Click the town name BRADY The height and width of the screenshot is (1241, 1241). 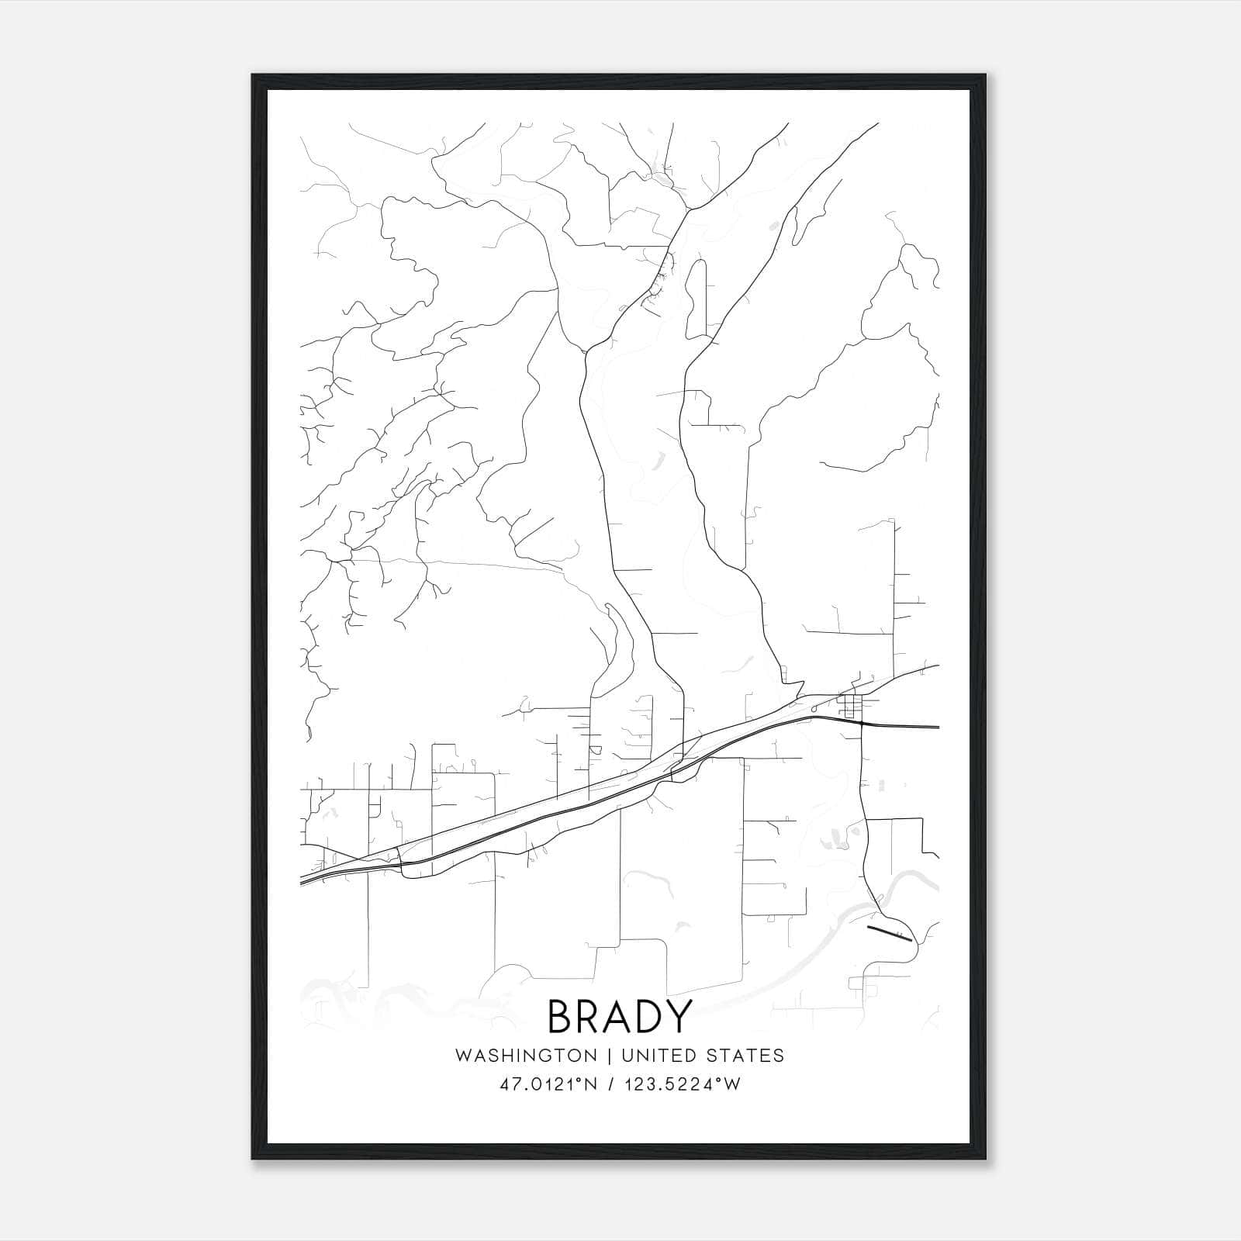coord(619,1016)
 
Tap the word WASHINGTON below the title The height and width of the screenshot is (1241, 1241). coord(526,1056)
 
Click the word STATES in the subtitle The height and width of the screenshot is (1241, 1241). coord(746,1056)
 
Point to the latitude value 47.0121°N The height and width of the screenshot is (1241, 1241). coord(548,1084)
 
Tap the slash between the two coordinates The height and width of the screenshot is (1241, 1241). coord(615,1084)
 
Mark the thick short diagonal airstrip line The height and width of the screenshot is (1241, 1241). coord(889,932)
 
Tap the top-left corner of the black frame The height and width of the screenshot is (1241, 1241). coord(254,76)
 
